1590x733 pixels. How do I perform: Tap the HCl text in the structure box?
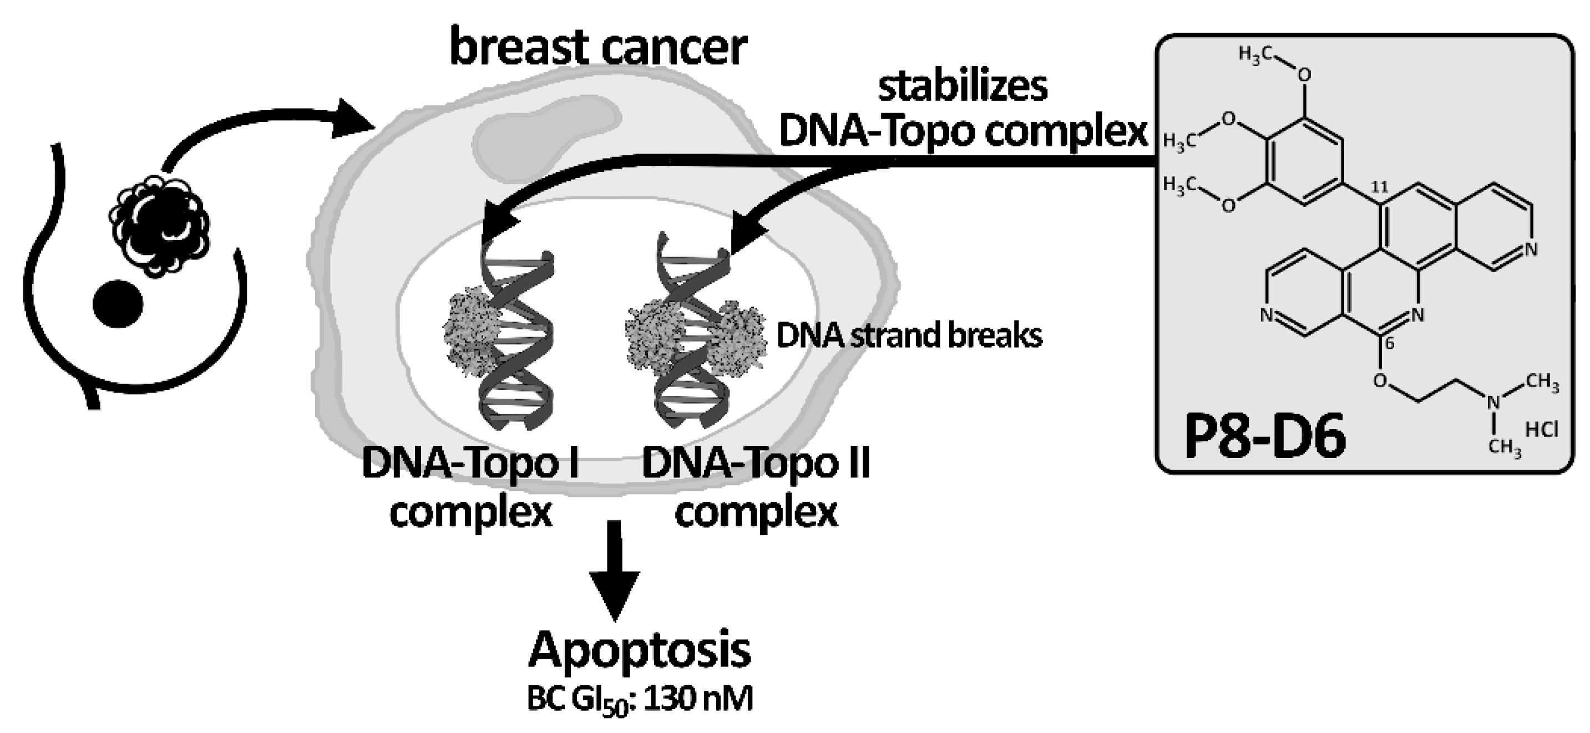[1542, 430]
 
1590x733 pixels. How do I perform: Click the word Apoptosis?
[640, 651]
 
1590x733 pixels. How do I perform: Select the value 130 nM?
[697, 700]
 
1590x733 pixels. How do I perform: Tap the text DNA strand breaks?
[909, 336]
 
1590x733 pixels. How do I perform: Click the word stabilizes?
[963, 88]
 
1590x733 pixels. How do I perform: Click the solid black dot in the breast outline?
[117, 303]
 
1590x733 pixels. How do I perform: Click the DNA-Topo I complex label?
[470, 487]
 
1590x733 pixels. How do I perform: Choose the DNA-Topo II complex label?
[756, 487]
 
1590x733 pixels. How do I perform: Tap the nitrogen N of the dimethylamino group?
[1493, 403]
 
